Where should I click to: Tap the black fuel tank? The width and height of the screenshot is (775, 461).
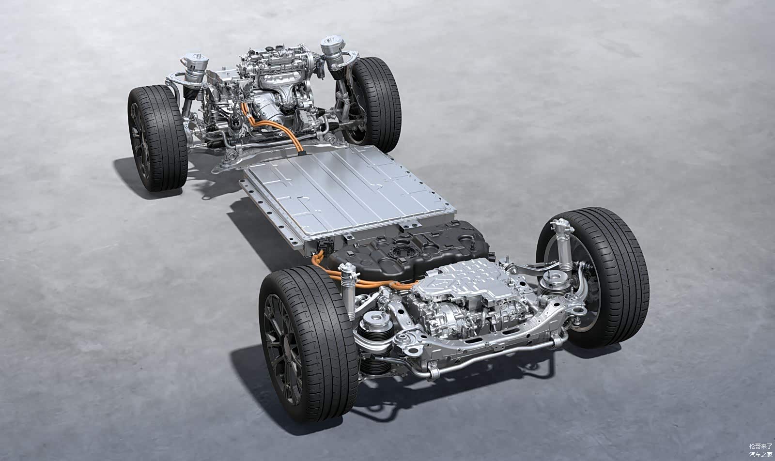(x=408, y=251)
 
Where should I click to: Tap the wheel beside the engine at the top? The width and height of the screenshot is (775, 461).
(x=370, y=104)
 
